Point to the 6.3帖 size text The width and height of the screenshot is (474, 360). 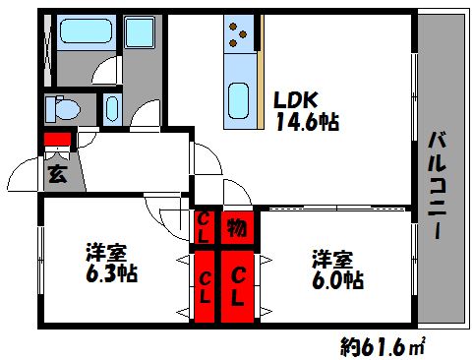109,272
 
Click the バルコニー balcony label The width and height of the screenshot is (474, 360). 440,183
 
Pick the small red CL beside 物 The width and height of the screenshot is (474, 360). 205,227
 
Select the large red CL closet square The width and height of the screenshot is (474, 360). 239,285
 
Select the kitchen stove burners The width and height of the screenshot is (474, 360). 238,36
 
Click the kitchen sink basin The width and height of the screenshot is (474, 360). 238,100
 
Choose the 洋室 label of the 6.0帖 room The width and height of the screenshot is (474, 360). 332,260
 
